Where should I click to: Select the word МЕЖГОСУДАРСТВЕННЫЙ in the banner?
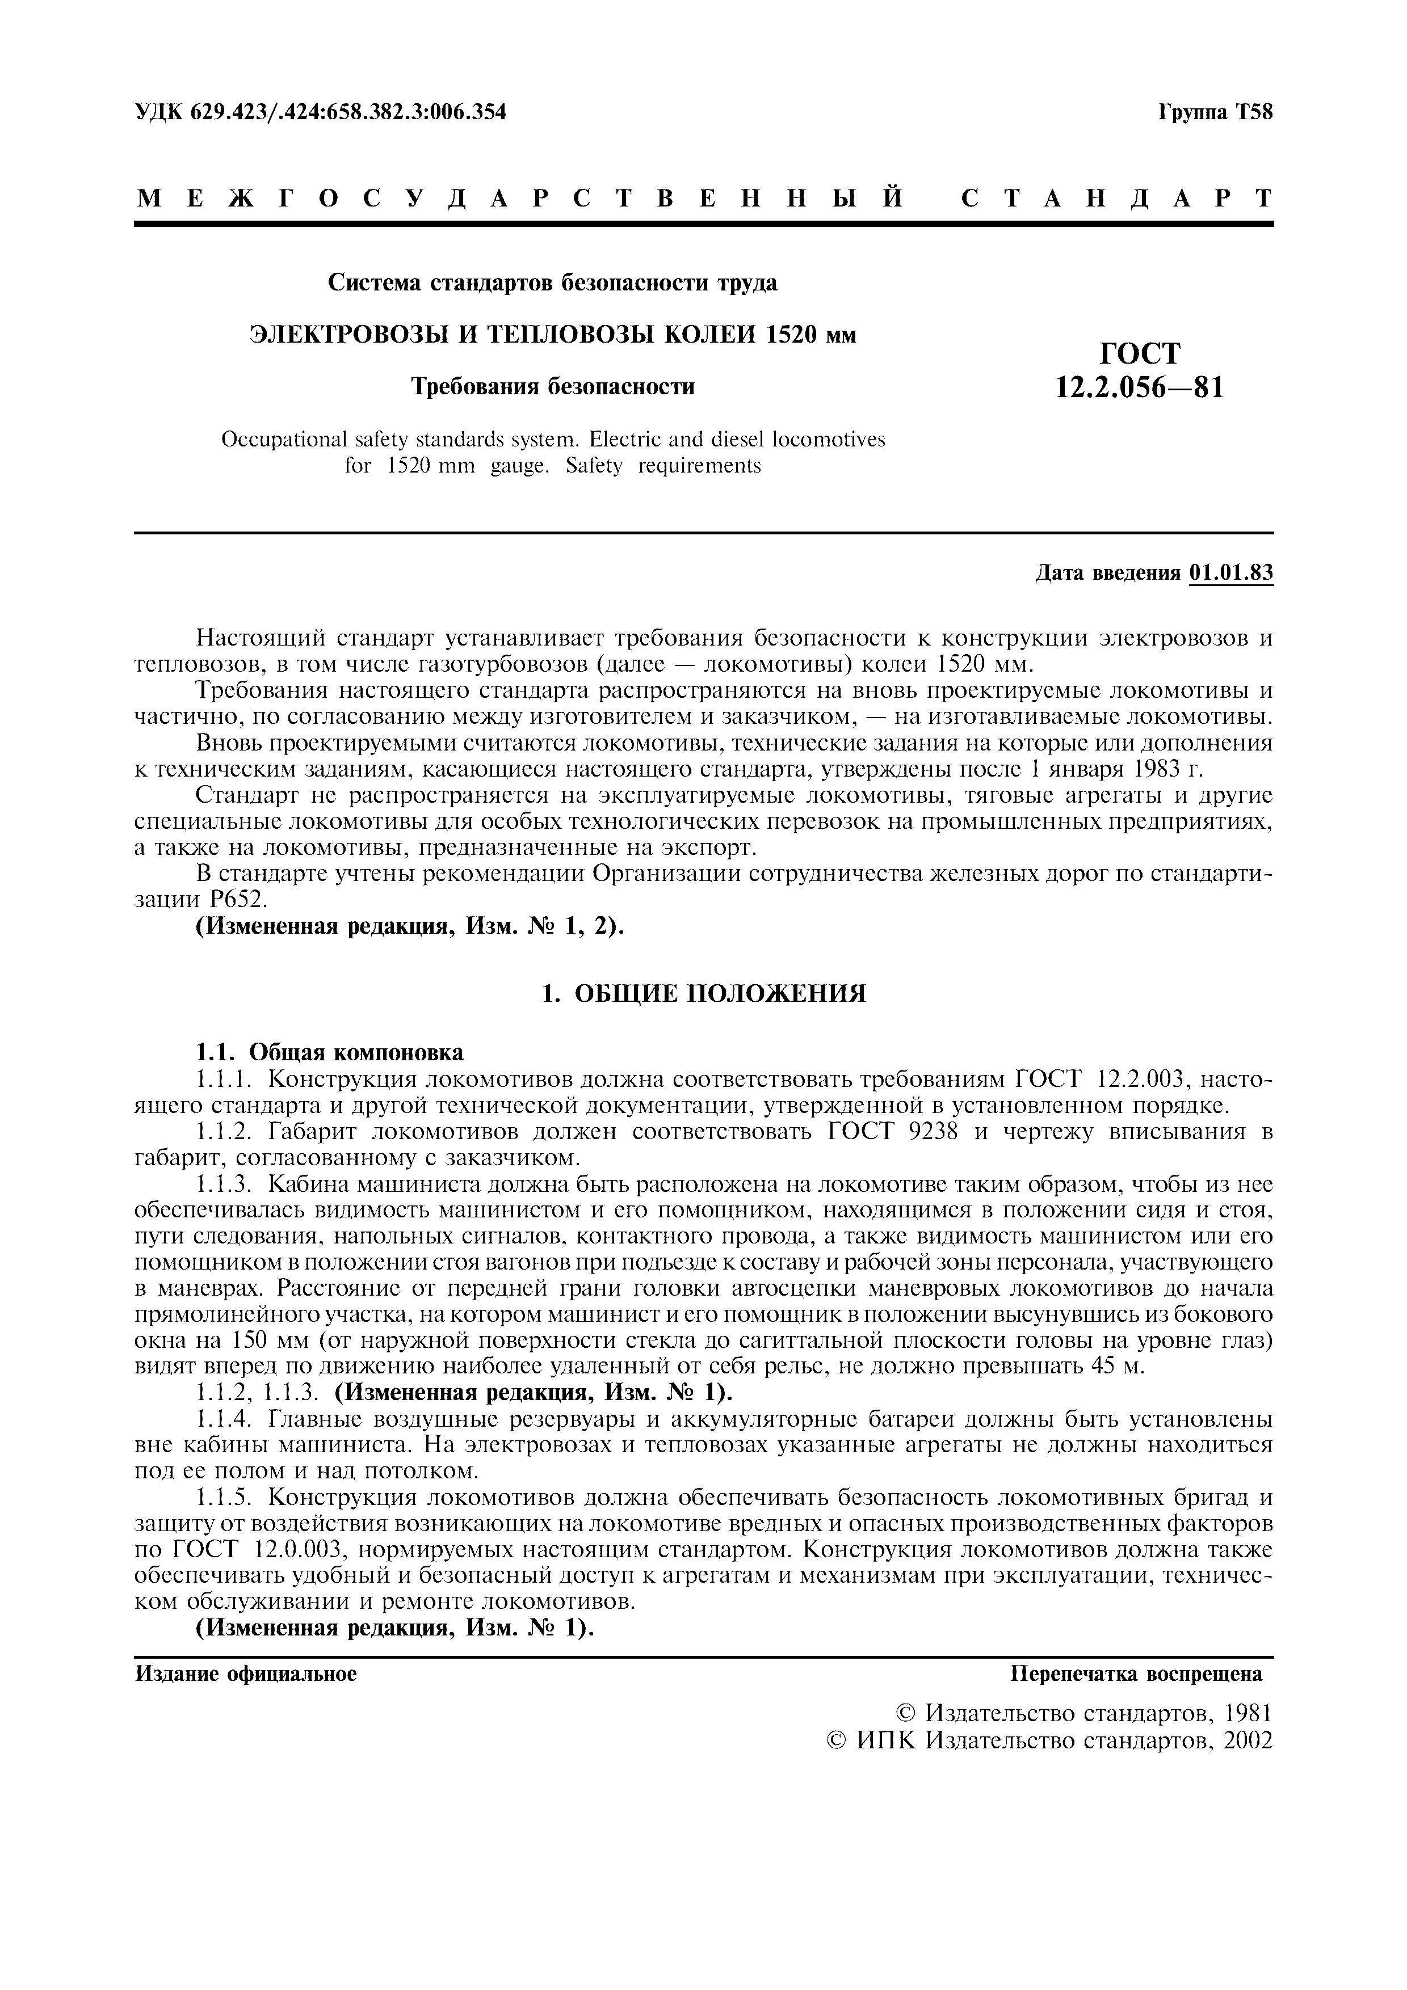[520, 199]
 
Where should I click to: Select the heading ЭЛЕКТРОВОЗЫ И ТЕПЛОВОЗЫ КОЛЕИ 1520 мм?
[552, 335]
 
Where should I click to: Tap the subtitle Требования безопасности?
[552, 386]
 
